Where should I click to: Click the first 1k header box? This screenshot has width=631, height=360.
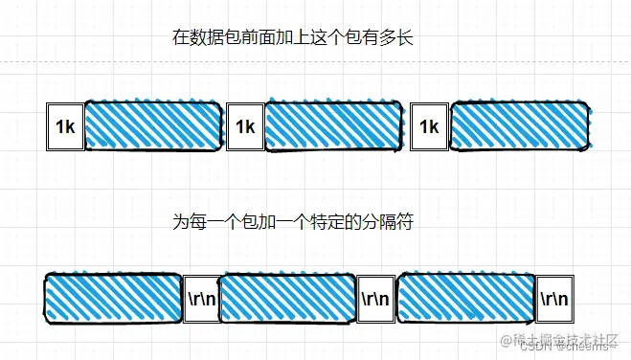(x=65, y=126)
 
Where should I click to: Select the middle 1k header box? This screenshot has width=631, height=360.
(x=244, y=126)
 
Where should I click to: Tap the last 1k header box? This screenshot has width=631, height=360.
(x=429, y=126)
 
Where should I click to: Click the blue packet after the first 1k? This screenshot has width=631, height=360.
(x=153, y=125)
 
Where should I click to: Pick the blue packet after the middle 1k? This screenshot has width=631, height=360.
(x=332, y=125)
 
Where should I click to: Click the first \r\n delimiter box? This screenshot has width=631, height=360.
(x=200, y=298)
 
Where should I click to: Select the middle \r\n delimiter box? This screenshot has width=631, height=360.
(x=374, y=298)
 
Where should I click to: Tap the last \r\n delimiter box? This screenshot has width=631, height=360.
(x=553, y=298)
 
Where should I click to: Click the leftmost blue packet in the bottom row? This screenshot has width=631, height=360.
(x=113, y=297)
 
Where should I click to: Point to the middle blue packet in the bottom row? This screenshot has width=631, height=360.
(x=287, y=297)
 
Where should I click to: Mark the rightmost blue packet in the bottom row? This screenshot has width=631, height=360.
(x=464, y=297)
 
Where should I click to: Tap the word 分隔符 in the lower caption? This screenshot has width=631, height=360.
(x=388, y=221)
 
